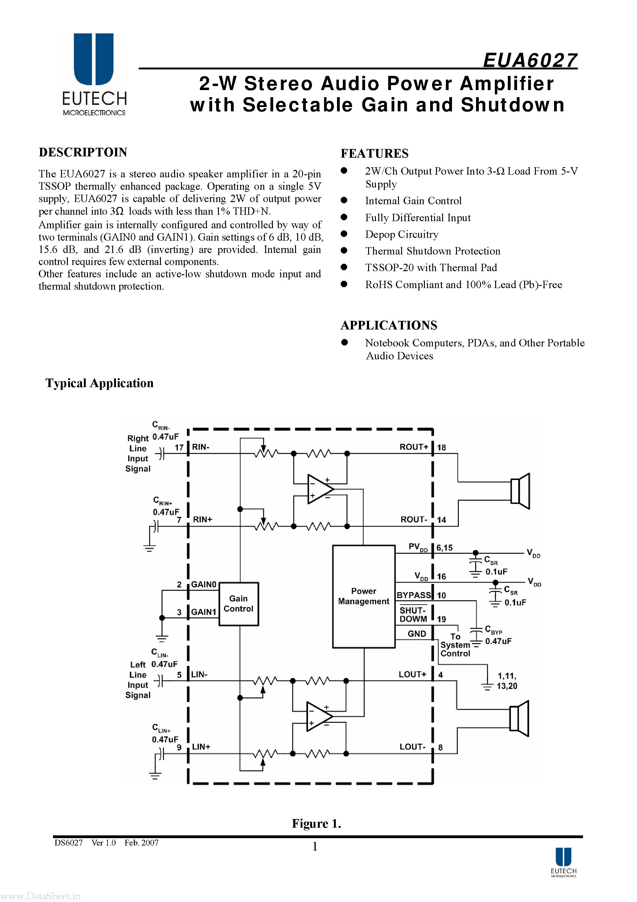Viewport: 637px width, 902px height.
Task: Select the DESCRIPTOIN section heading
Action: [83, 152]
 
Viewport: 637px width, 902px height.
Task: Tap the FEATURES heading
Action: [374, 153]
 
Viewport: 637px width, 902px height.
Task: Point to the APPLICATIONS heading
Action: [388, 325]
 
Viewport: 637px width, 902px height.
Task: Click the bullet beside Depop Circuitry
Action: [344, 234]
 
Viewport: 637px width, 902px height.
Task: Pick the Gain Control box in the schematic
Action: [238, 603]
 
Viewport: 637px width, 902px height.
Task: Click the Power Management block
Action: [363, 596]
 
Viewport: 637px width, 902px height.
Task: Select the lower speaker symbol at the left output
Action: [519, 718]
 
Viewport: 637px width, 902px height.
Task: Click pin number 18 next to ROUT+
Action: [442, 448]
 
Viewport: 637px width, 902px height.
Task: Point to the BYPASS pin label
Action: [413, 595]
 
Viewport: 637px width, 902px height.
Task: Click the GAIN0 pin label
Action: [203, 585]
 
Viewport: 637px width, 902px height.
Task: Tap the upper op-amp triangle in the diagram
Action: [320, 489]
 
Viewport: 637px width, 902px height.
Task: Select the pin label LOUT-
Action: [412, 747]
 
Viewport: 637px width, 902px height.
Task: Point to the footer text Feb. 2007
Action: [142, 843]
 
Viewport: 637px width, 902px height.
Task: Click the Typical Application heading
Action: [99, 383]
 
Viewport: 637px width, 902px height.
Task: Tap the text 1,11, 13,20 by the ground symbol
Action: [507, 681]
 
